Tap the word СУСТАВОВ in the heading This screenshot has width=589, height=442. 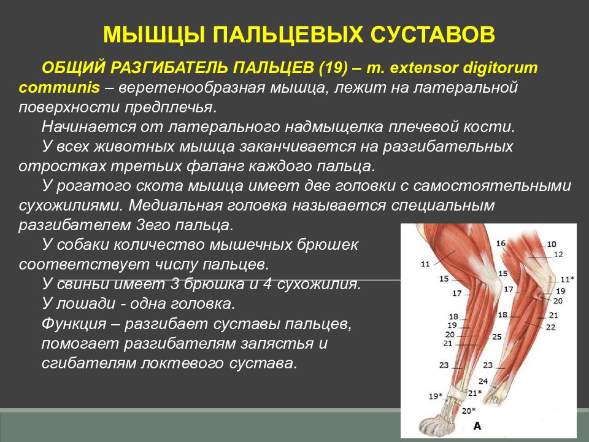tap(433, 34)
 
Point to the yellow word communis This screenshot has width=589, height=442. tap(60, 88)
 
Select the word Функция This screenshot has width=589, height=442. tap(74, 324)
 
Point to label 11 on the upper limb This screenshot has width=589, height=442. tap(425, 264)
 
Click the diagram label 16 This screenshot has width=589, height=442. tap(501, 243)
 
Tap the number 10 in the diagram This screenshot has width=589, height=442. tap(551, 244)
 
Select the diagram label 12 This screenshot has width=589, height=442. tap(558, 254)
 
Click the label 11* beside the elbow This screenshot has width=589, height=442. tap(567, 279)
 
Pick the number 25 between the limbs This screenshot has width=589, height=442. tap(497, 337)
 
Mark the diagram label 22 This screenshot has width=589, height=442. tap(551, 327)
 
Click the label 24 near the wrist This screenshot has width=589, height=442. tap(483, 381)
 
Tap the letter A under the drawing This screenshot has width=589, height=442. tap(477, 426)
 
